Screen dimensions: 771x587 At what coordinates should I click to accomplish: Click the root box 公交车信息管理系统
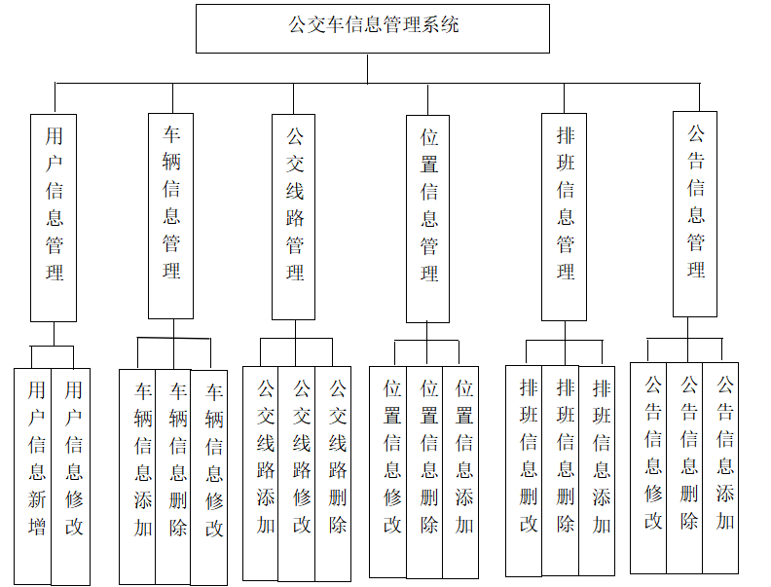coord(373,28)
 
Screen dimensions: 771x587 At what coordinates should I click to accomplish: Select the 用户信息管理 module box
coord(54,216)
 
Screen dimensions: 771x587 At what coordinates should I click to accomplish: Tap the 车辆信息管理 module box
coord(171,215)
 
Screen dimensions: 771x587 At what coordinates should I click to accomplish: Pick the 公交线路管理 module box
coord(293,216)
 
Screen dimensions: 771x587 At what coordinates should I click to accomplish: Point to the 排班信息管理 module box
coord(565,216)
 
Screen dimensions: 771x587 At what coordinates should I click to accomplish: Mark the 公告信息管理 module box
coord(695,213)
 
